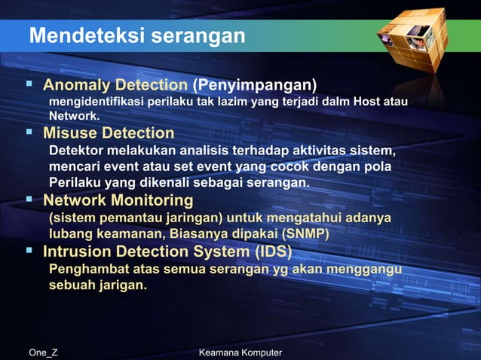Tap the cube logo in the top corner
(x=418, y=38)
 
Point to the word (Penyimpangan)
(x=254, y=84)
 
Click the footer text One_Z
(x=43, y=352)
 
